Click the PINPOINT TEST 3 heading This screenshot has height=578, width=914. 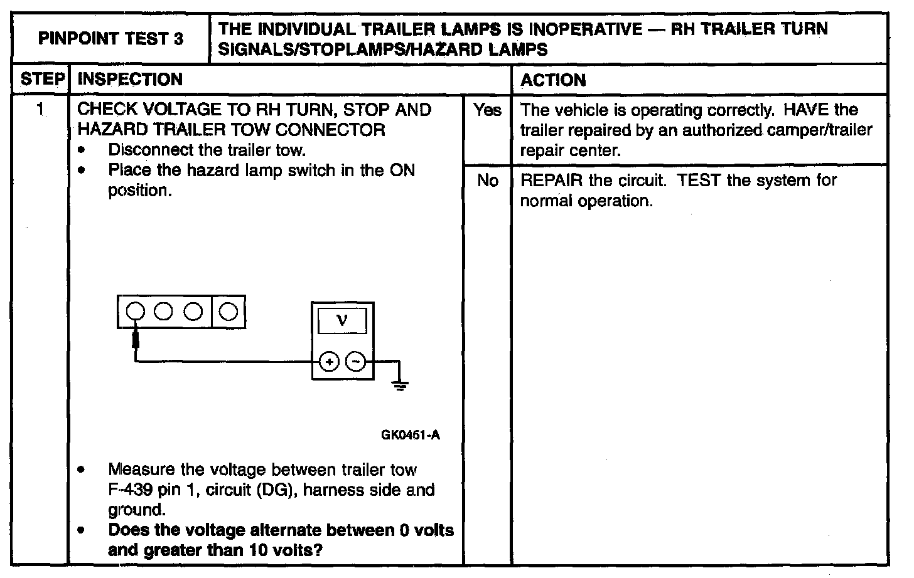[x=111, y=39]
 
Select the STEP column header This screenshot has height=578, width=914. [x=43, y=80]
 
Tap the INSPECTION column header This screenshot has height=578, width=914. [x=130, y=80]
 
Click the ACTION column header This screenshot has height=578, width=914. [x=553, y=80]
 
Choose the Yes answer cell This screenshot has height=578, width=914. [x=488, y=110]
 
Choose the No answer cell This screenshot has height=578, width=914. [x=488, y=181]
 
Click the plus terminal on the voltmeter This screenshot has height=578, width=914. [x=329, y=362]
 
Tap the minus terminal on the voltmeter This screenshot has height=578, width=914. [x=356, y=362]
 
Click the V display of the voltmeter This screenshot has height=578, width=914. [x=342, y=322]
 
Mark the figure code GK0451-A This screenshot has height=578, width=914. [x=411, y=435]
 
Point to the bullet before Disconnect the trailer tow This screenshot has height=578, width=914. [x=82, y=150]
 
